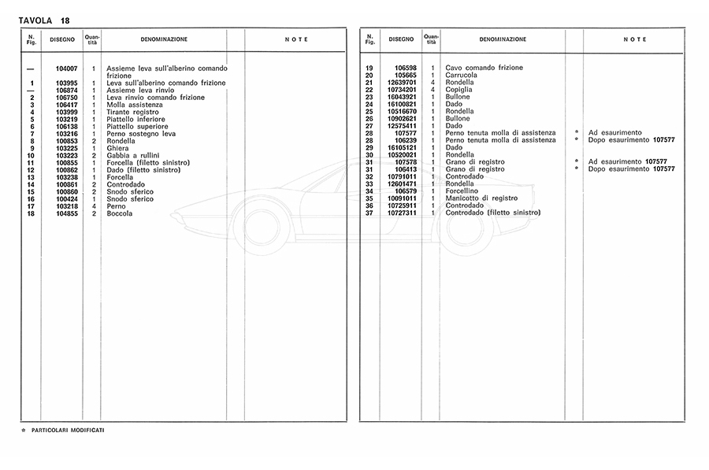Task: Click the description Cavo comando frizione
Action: pos(484,68)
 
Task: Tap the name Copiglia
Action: pos(459,90)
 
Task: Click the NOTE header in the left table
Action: pos(295,39)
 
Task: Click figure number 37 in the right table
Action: pos(369,213)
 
